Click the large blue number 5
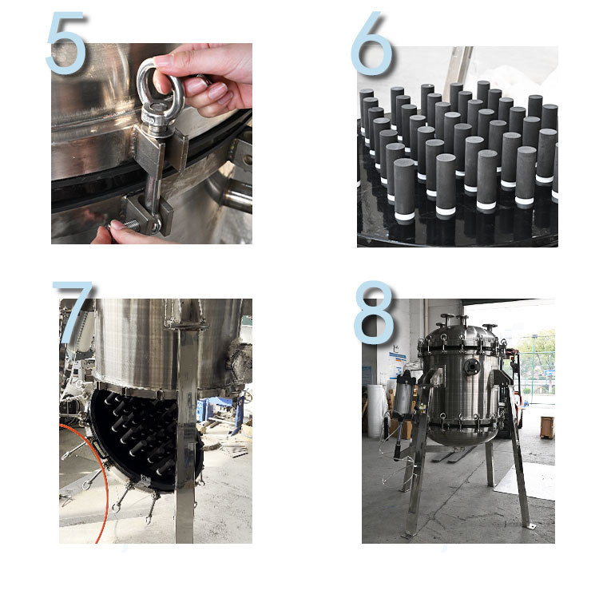(x=65, y=43)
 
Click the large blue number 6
(x=371, y=43)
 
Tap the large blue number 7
(x=72, y=311)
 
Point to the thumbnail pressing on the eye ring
(x=164, y=61)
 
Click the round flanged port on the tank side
(x=471, y=366)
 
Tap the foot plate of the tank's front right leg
(x=531, y=527)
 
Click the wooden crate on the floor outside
(x=547, y=427)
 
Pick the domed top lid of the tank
(x=462, y=333)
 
